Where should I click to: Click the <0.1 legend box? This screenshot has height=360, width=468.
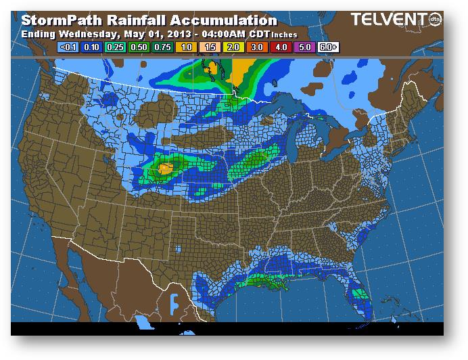(x=66, y=48)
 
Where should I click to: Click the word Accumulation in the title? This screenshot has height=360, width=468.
(x=221, y=21)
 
